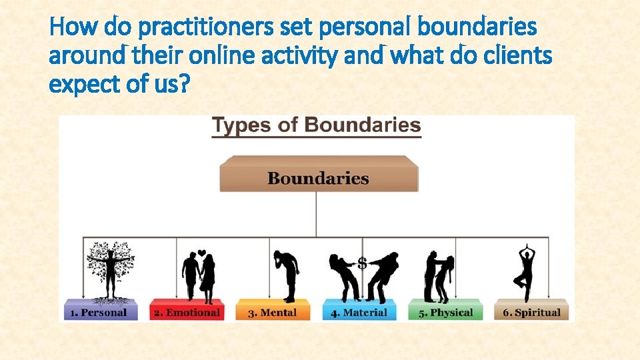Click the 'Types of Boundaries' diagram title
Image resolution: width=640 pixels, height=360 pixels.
[316, 125]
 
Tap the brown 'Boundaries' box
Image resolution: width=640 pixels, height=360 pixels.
[318, 178]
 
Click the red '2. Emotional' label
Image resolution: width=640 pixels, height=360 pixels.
[186, 312]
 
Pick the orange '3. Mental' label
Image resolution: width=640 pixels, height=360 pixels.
[273, 312]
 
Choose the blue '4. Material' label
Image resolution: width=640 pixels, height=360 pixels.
[359, 312]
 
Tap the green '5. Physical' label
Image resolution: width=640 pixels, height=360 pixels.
[445, 312]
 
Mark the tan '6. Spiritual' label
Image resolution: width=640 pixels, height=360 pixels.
[531, 312]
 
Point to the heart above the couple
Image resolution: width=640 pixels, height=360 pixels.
[201, 253]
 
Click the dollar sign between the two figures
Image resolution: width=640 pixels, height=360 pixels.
[362, 263]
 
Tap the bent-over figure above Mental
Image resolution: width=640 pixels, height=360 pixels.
[287, 275]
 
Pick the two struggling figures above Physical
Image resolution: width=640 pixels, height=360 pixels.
[440, 276]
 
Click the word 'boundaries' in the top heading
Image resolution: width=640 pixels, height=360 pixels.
[477, 28]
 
